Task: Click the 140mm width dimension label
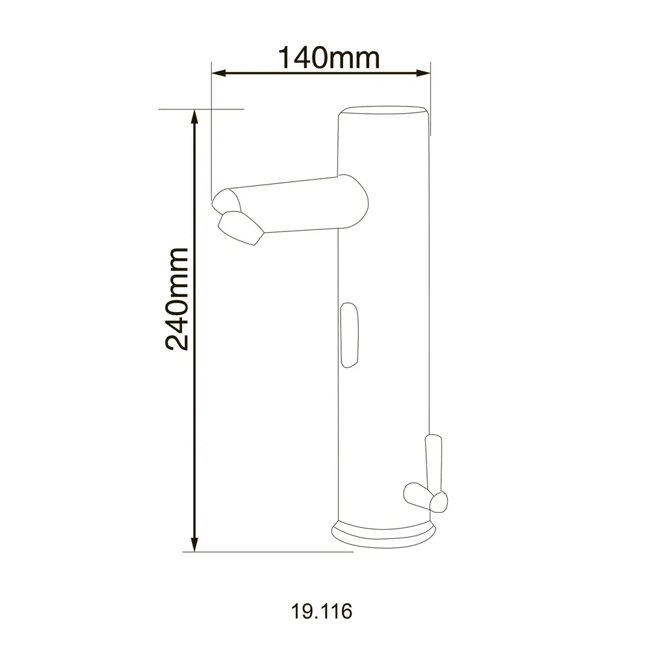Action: [x=329, y=58]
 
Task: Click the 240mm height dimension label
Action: [x=177, y=299]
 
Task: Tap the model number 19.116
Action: [x=322, y=611]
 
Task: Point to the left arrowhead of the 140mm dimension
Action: [x=218, y=73]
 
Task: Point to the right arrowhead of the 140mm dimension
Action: [x=423, y=73]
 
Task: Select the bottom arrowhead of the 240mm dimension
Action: [x=194, y=544]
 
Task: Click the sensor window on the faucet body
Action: [x=349, y=335]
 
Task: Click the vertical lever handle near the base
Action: [x=434, y=464]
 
